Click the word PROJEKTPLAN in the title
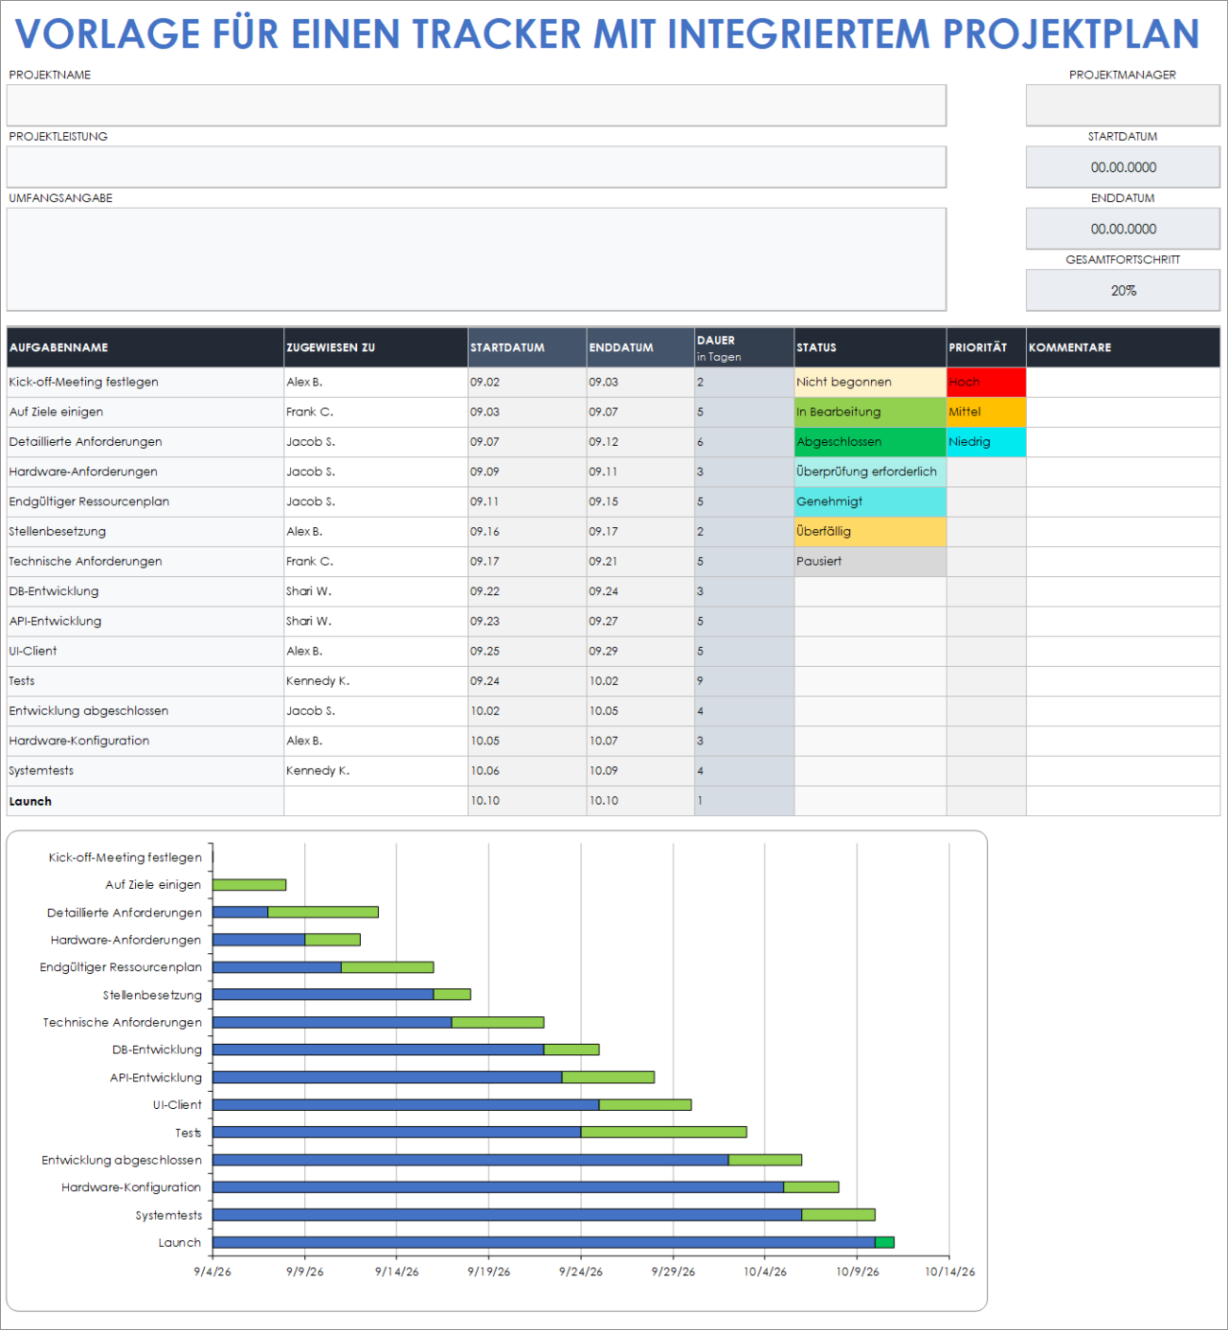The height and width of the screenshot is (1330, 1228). pos(1070,34)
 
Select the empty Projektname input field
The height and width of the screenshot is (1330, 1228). pos(476,105)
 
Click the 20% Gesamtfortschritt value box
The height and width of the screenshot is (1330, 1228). pos(1122,290)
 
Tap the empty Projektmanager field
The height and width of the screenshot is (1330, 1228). pos(1122,105)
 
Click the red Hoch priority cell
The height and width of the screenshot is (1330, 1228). pos(985,382)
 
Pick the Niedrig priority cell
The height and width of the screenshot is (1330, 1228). pos(985,441)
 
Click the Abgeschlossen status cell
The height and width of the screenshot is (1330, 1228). pos(869,441)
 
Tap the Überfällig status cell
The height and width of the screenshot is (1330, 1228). pos(869,531)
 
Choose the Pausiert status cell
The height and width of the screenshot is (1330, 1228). pos(869,561)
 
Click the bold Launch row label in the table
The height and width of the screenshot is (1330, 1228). pos(31,801)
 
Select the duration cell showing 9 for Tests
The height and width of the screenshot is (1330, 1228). pos(743,681)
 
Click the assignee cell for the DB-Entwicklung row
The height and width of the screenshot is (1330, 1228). pos(375,591)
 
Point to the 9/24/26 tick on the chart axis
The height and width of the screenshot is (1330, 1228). pos(580,1271)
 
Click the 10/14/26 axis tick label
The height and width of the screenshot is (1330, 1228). pos(949,1271)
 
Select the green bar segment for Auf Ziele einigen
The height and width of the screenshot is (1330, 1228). pos(249,885)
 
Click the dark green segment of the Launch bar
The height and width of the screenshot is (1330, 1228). pos(884,1242)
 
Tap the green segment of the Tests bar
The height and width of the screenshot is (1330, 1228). pos(663,1132)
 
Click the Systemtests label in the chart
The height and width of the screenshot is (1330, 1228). pos(168,1216)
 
